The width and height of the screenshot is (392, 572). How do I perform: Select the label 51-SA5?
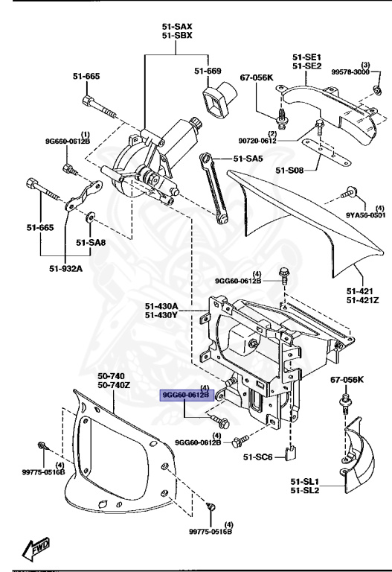pos(248,159)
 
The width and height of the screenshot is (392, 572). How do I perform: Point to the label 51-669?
pos(208,71)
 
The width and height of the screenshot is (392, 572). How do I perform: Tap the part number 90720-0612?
pos(279,140)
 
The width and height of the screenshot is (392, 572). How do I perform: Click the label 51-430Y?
pos(161,315)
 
